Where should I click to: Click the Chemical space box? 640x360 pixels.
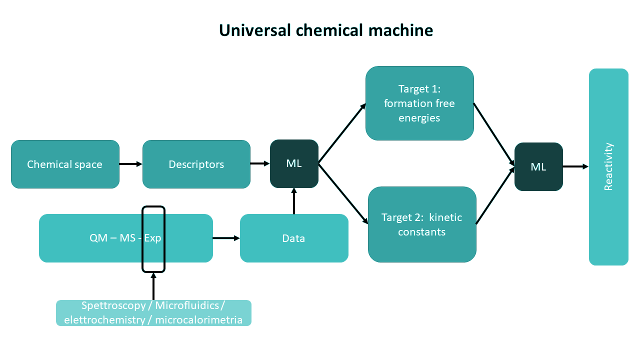(65, 164)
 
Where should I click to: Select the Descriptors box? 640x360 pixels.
(196, 164)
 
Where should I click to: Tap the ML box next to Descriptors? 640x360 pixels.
(294, 163)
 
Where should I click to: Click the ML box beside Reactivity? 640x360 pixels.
(538, 167)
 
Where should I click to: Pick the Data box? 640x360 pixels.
(294, 238)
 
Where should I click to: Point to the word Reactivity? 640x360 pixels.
(608, 166)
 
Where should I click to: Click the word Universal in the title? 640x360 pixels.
(255, 30)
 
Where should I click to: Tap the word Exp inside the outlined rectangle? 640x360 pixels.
(152, 238)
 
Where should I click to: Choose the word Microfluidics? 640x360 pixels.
(187, 305)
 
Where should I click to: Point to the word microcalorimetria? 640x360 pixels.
(198, 320)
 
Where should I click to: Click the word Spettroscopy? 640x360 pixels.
(113, 306)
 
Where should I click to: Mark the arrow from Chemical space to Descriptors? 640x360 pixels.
(130, 164)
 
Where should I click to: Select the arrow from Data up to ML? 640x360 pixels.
(294, 201)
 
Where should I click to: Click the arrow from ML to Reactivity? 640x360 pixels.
(575, 166)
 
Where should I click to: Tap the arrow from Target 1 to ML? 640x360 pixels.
(494, 134)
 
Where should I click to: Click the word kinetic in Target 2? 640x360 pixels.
(445, 217)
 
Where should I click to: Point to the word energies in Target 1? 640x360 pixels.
(419, 118)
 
